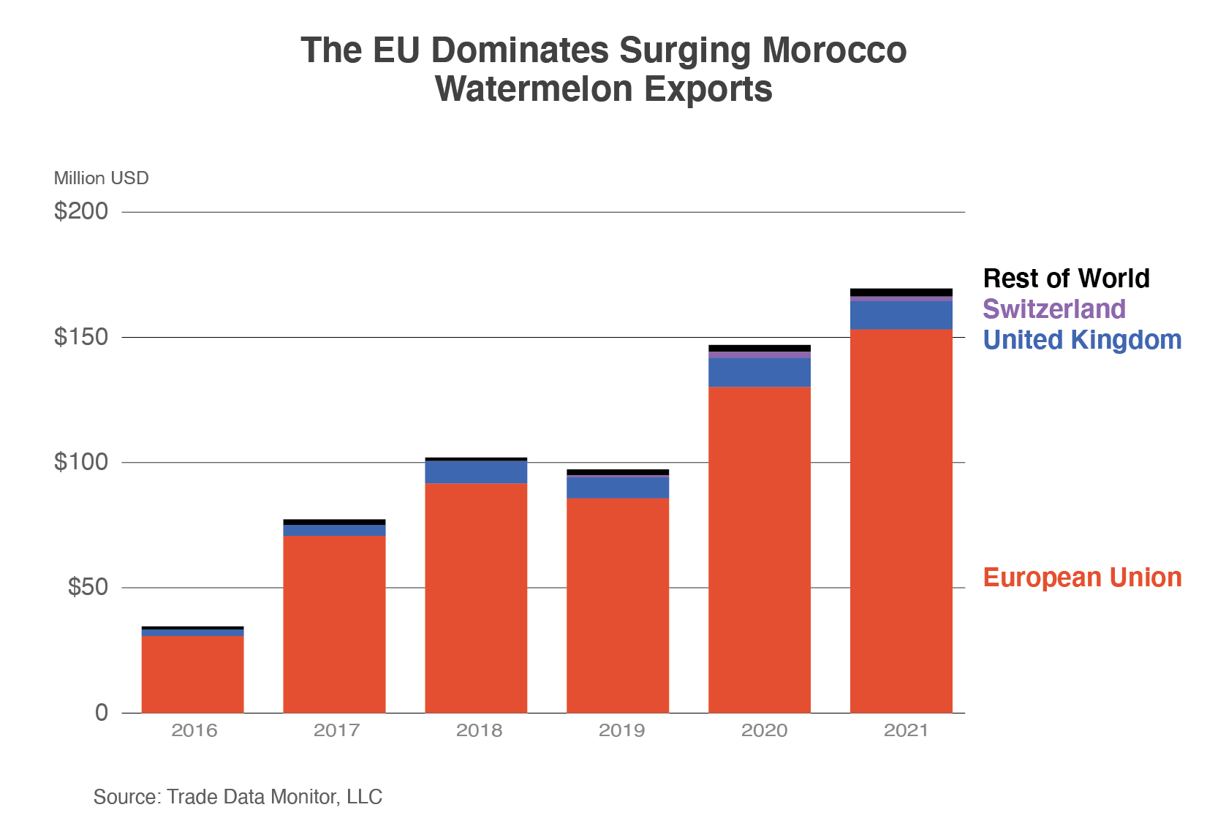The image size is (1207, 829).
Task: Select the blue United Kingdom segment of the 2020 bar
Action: (x=760, y=372)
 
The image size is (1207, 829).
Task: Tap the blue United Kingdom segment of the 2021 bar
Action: (x=901, y=315)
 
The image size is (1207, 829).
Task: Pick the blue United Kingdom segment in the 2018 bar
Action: (x=476, y=472)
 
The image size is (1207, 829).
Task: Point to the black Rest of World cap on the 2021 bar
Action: (x=901, y=292)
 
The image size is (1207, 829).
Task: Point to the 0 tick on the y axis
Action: (x=102, y=713)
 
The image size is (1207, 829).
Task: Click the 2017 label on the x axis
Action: (x=336, y=730)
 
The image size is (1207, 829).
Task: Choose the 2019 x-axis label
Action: (x=621, y=730)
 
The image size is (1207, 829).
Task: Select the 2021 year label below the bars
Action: (x=906, y=730)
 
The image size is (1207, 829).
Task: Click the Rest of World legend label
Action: (x=1066, y=279)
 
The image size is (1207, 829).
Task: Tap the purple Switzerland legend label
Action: (x=1053, y=309)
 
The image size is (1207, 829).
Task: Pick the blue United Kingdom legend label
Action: (x=1082, y=340)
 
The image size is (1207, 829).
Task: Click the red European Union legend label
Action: (x=1082, y=578)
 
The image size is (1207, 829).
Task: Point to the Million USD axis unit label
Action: (x=101, y=178)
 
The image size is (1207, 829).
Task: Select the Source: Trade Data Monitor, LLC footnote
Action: (x=238, y=797)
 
